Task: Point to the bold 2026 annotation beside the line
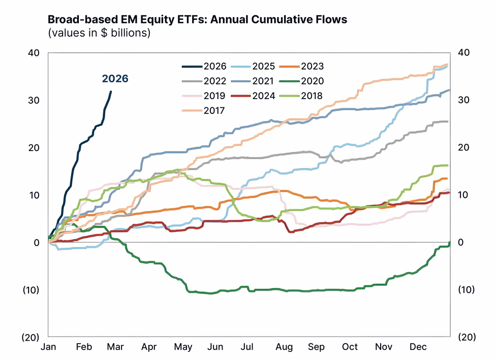(x=115, y=79)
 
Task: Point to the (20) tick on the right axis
(x=467, y=338)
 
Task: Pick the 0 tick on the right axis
(x=460, y=243)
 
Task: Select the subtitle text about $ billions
(x=100, y=33)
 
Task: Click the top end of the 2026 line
(x=111, y=92)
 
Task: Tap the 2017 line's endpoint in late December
(x=448, y=65)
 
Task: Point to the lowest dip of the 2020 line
(x=210, y=293)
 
